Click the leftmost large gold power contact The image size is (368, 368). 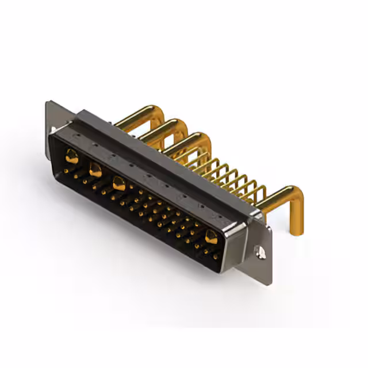72,155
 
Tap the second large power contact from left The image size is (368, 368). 95,170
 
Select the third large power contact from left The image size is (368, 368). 119,185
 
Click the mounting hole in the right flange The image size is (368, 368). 260,251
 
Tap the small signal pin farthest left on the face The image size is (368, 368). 66,171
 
